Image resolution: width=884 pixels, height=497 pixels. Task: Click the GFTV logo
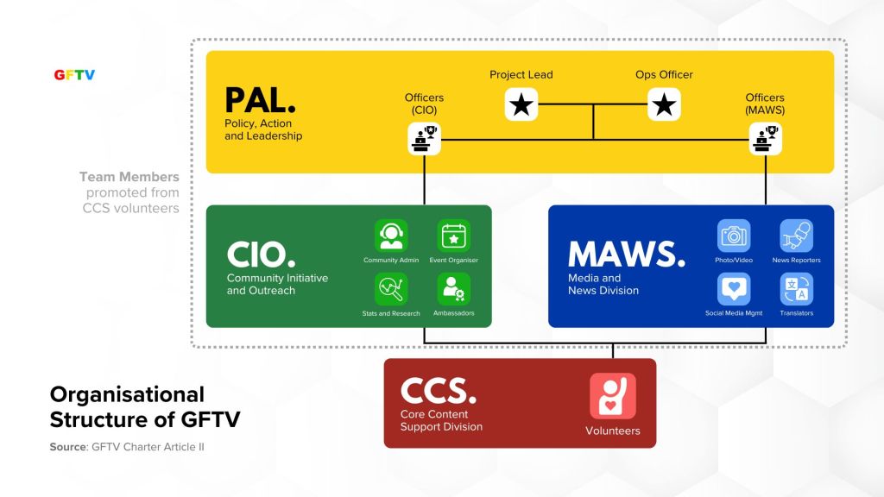[x=74, y=74]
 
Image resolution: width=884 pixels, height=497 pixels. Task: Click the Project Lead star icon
[x=521, y=104]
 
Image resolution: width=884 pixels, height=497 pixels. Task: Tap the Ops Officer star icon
[x=664, y=104]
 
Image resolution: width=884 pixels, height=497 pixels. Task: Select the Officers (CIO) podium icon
[x=425, y=138]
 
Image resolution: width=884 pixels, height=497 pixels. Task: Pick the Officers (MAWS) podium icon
[x=765, y=138]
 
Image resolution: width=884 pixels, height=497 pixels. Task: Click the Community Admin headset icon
[x=391, y=236]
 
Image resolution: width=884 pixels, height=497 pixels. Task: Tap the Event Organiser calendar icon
[x=453, y=236]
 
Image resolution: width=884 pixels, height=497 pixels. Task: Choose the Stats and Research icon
[x=391, y=289]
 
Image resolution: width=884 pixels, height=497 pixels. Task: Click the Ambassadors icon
[x=453, y=289]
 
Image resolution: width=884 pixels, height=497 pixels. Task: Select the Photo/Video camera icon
[x=734, y=236]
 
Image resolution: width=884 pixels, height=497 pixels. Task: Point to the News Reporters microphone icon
[x=796, y=236]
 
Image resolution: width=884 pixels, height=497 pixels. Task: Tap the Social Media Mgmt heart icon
[x=734, y=289]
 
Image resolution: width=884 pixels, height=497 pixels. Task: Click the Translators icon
[x=796, y=289]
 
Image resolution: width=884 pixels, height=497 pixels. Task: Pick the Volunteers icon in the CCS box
[x=613, y=396]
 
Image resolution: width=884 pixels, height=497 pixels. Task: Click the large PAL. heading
[x=260, y=101]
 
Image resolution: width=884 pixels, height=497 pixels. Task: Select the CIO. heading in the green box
[x=261, y=254]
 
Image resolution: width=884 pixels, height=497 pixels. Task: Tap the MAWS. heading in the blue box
[x=627, y=254]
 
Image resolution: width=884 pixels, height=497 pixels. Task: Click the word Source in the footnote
[x=66, y=447]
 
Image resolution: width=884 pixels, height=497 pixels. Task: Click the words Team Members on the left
[x=129, y=177]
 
